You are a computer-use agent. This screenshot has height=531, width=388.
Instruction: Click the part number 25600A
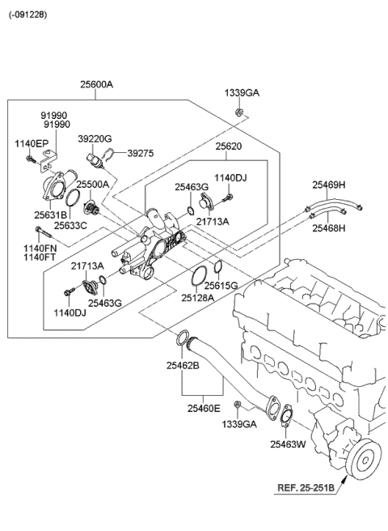95,84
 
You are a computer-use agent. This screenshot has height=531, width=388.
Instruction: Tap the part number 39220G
95,138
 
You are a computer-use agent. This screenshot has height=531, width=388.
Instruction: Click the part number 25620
229,147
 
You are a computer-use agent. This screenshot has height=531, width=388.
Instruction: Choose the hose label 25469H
329,185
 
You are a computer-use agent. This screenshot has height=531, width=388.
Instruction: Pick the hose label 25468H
329,228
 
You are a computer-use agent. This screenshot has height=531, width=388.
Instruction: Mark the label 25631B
50,215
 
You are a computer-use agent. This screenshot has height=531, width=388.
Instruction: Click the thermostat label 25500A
93,185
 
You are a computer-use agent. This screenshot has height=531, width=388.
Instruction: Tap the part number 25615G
221,286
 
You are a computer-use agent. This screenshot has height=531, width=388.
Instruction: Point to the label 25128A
196,298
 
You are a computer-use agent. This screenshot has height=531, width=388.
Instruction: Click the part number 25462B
183,366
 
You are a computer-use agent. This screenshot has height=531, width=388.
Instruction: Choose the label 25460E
204,408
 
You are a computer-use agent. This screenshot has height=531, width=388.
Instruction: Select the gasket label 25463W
287,443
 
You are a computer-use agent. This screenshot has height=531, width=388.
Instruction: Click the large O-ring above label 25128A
196,274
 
